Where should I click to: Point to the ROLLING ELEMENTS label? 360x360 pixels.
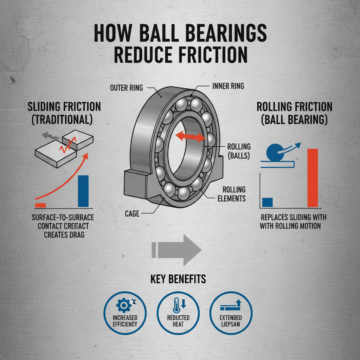(x=232, y=194)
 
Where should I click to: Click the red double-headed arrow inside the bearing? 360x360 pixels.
(x=190, y=136)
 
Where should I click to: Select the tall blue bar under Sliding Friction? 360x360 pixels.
(x=83, y=191)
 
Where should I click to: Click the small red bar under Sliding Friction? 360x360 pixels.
(x=40, y=205)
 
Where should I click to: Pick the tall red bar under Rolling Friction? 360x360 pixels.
(x=313, y=178)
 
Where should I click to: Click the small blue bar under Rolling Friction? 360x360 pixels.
(x=268, y=202)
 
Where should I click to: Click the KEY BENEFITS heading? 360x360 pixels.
(x=178, y=279)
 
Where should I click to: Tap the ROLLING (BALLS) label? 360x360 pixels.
(x=239, y=151)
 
